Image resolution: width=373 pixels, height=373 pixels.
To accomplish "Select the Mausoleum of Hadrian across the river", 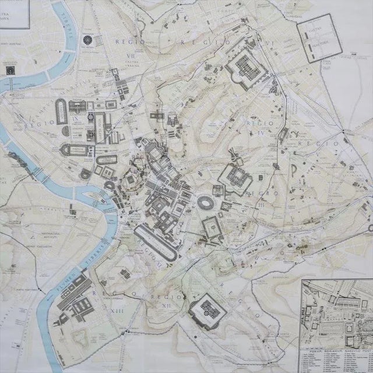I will (10, 69).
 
